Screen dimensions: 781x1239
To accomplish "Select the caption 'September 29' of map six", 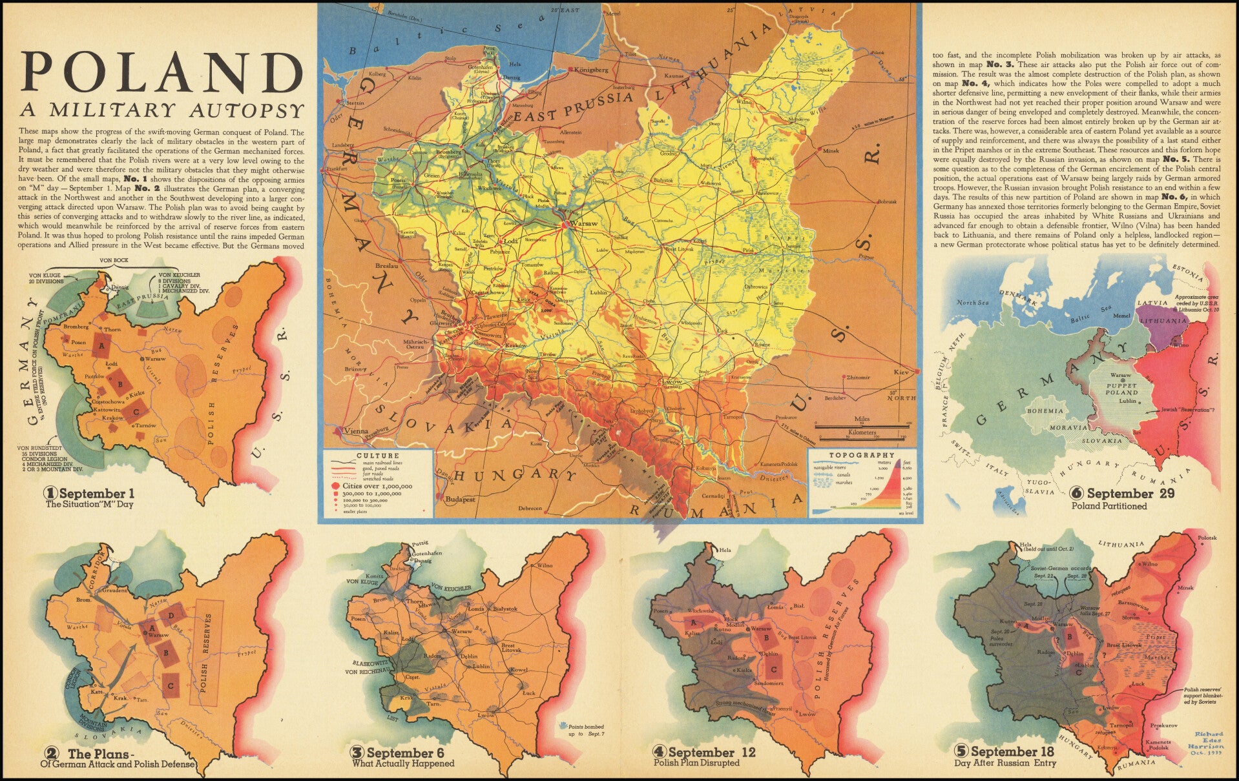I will click(1121, 493).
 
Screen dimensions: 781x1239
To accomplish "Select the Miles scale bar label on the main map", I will click(861, 419).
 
